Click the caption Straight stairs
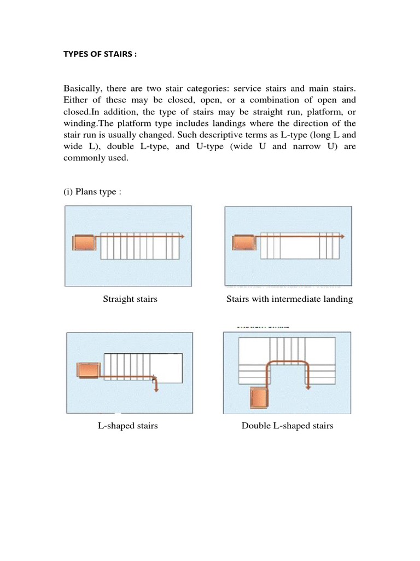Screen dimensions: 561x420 pyautogui.click(x=130, y=299)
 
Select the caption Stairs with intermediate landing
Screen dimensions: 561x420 pyautogui.click(x=289, y=299)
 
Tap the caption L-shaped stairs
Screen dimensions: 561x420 pyautogui.click(x=128, y=426)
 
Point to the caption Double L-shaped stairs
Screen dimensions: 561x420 pyautogui.click(x=287, y=426)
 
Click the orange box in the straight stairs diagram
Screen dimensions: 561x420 pyautogui.click(x=84, y=242)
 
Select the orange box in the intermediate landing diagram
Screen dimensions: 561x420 pyautogui.click(x=243, y=242)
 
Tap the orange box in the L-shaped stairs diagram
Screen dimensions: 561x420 pyautogui.click(x=87, y=370)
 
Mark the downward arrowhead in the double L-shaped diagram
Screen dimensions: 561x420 pyautogui.click(x=308, y=387)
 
